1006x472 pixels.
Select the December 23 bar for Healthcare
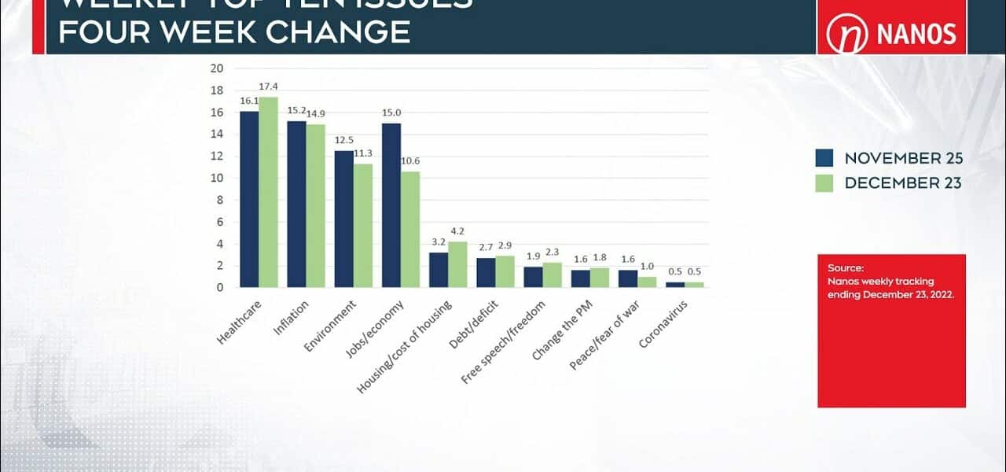[268, 193]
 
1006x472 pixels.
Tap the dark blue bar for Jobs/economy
[391, 205]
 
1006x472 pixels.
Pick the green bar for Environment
[363, 226]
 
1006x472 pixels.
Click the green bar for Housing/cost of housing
[457, 264]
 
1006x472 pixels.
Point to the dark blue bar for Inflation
[296, 205]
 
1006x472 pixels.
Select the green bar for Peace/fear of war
[647, 282]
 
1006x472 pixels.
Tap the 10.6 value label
[411, 161]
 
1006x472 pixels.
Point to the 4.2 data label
[458, 231]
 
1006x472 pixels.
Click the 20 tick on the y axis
[217, 68]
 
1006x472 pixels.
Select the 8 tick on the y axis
[219, 200]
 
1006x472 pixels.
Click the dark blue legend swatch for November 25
[824, 158]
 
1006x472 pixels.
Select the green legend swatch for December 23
[824, 183]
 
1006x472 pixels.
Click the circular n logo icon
[846, 35]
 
